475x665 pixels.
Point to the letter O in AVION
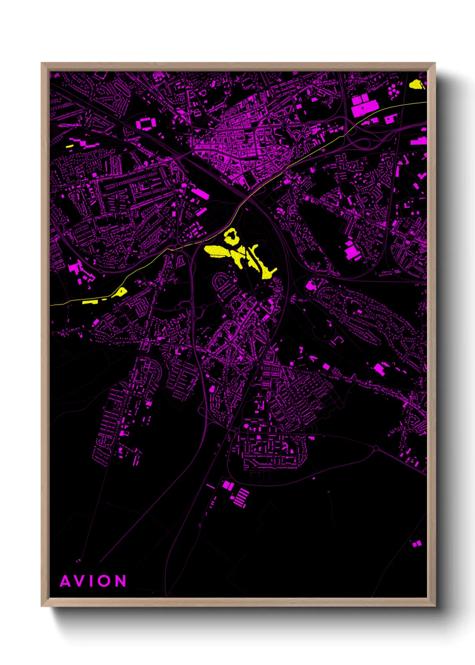tap(104, 581)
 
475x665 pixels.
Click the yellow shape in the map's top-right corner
tap(417, 84)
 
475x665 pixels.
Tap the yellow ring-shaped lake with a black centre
tap(231, 236)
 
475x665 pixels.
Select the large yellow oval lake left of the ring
tap(218, 251)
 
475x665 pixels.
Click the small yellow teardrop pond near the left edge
tap(121, 292)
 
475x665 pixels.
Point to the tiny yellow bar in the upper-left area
tap(70, 146)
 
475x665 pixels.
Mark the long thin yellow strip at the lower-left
tap(90, 302)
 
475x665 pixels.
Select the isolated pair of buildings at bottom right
tap(417, 544)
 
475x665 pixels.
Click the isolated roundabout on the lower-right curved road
tap(376, 448)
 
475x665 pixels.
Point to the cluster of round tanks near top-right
tap(394, 90)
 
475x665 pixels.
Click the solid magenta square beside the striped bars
tap(228, 485)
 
